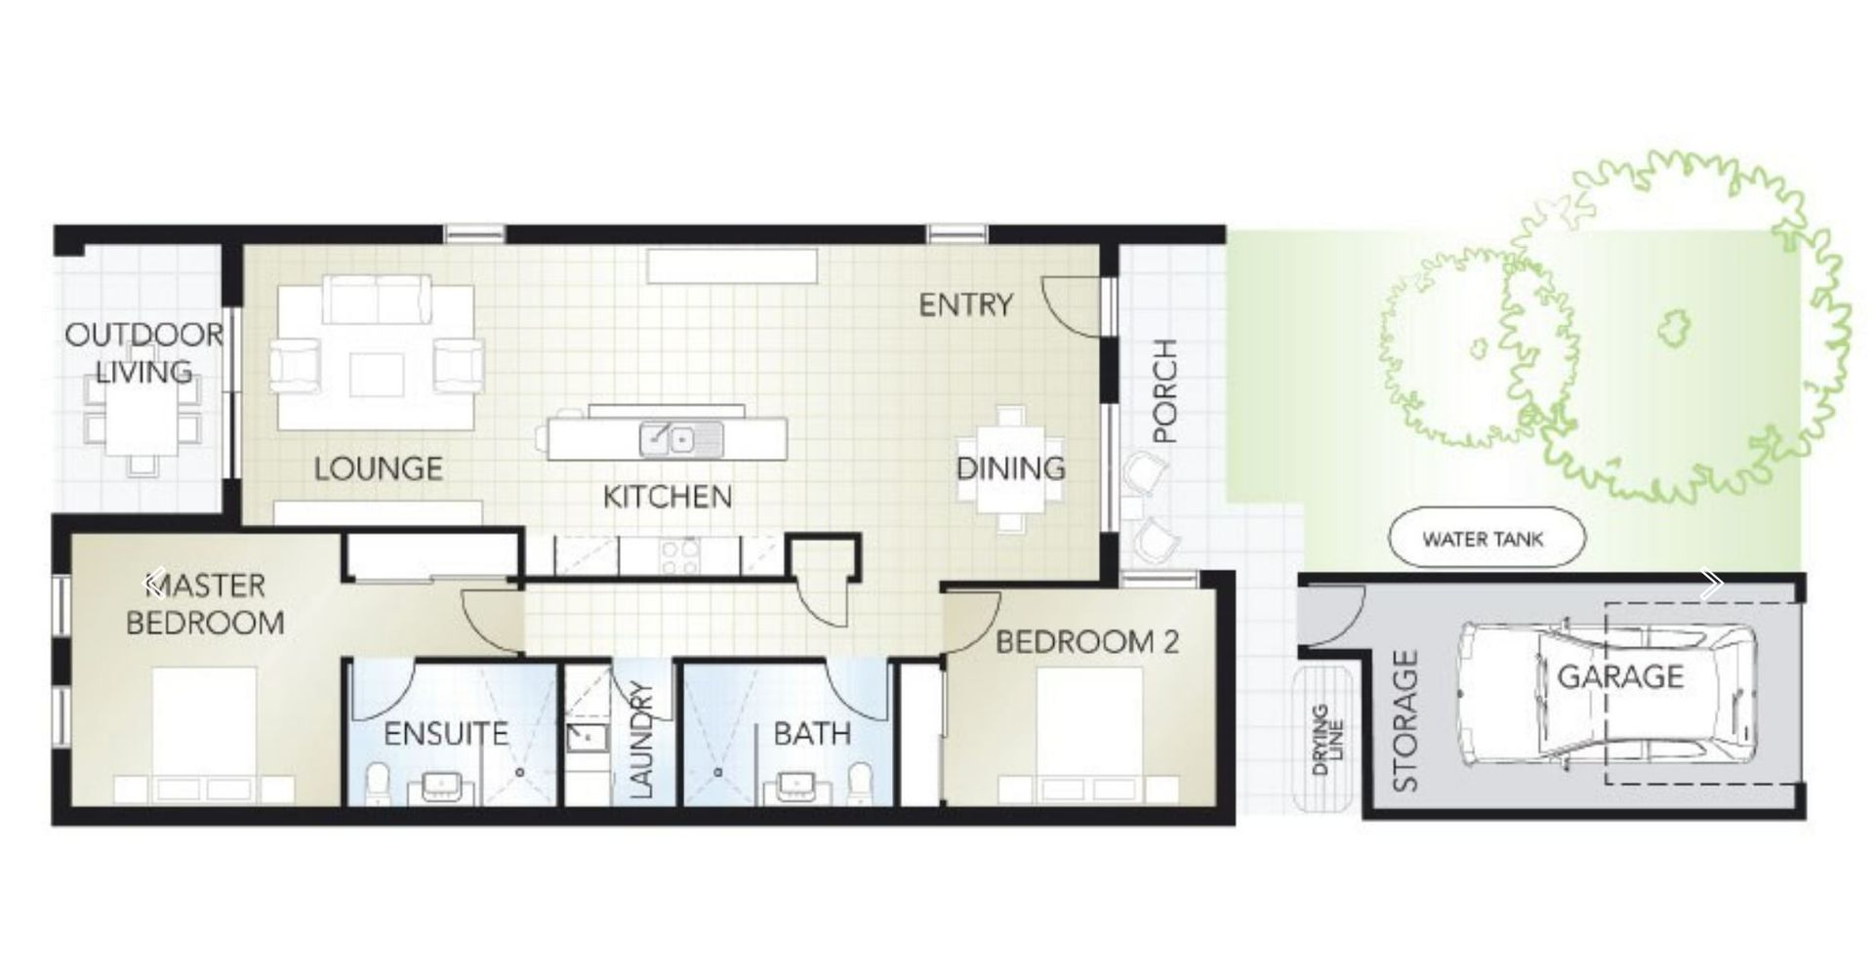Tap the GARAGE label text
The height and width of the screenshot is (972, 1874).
point(1620,675)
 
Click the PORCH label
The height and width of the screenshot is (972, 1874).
point(1165,391)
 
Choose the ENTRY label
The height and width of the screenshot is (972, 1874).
point(965,305)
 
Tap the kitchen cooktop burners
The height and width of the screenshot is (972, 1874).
point(679,556)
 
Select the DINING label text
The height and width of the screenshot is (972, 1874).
point(1010,468)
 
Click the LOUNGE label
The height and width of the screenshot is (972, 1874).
point(378,468)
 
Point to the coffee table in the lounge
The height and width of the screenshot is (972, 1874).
point(377,374)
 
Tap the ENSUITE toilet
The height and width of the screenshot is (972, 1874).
point(379,782)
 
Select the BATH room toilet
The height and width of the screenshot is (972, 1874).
point(859,782)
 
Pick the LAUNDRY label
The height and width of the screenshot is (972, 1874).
point(641,740)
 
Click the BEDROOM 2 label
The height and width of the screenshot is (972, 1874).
point(1086,642)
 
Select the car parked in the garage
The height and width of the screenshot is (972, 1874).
point(1606,693)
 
